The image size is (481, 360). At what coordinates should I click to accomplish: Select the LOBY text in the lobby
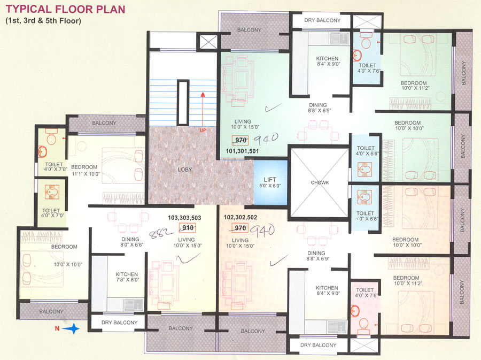click(x=184, y=170)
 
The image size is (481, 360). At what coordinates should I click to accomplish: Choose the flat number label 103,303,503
click(x=184, y=218)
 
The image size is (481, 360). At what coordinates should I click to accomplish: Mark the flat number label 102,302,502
click(x=241, y=218)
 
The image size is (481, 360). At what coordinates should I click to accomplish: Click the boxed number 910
click(x=188, y=227)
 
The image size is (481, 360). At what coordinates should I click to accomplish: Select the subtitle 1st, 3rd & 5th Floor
click(x=43, y=21)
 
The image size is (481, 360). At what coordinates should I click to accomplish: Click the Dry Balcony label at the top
click(x=322, y=20)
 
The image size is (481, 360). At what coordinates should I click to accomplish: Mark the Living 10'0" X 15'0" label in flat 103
click(x=186, y=243)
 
